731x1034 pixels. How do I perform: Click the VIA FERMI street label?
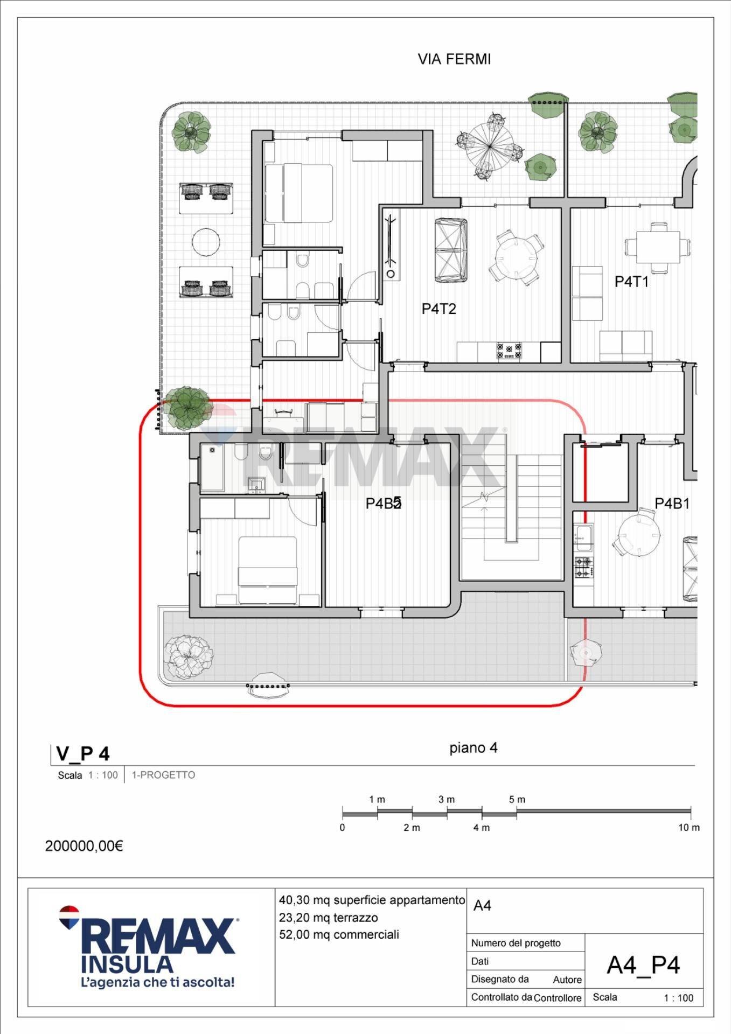[x=454, y=59]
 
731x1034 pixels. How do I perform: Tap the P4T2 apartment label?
[x=438, y=309]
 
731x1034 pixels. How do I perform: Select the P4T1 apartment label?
[x=631, y=281]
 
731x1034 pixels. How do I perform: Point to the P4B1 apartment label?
[x=672, y=504]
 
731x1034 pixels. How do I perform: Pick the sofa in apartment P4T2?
[x=450, y=250]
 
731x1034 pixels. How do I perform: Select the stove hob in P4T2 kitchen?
[x=509, y=351]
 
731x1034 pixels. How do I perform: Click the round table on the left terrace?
[x=206, y=242]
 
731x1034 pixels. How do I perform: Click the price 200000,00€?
[x=84, y=846]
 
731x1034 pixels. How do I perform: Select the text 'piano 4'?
[x=473, y=747]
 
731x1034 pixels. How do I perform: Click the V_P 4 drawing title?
[x=82, y=754]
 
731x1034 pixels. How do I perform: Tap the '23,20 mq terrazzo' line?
[x=328, y=917]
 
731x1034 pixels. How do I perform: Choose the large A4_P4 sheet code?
[x=643, y=965]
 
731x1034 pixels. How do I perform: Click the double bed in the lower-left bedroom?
[x=268, y=569]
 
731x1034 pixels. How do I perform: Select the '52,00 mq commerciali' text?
[x=339, y=934]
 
